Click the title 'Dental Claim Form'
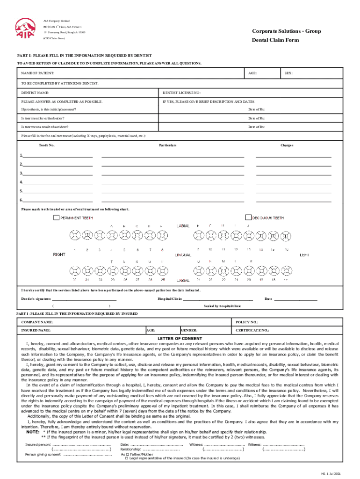[x=275, y=40]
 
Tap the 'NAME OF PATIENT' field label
[x=38, y=73]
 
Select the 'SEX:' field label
[x=288, y=73]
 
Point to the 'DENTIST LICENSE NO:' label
[x=181, y=93]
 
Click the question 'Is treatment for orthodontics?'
[x=43, y=118]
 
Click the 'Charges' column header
[x=287, y=145]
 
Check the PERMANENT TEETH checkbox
[x=56, y=218]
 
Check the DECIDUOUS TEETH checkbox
[x=248, y=218]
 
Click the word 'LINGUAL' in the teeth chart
[x=183, y=255]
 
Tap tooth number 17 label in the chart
[x=285, y=280]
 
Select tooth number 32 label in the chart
[x=74, y=280]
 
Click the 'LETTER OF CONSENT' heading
[x=180, y=338]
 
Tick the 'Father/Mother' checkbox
[x=122, y=454]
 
